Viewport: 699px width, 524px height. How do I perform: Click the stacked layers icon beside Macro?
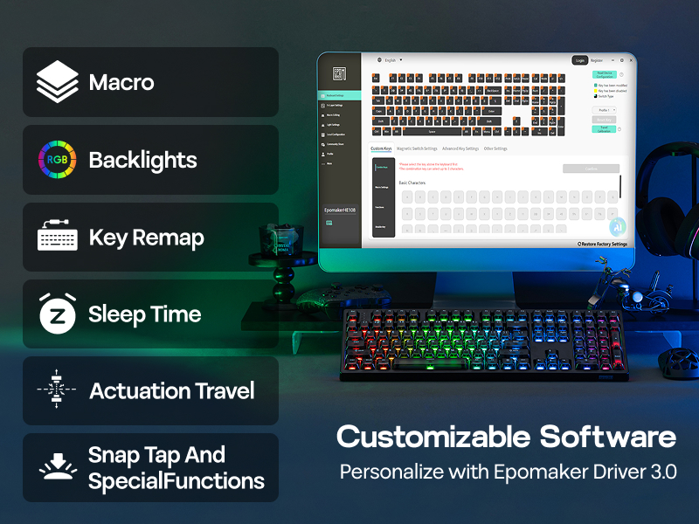pyautogui.click(x=58, y=83)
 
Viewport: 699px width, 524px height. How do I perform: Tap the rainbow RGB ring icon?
pyautogui.click(x=58, y=160)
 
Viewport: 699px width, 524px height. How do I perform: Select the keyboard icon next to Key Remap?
pyautogui.click(x=58, y=238)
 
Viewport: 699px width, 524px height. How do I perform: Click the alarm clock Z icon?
pyautogui.click(x=58, y=314)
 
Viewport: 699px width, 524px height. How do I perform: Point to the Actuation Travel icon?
pyautogui.click(x=58, y=390)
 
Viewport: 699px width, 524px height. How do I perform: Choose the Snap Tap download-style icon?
pyautogui.click(x=58, y=467)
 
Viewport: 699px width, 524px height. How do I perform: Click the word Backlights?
pyautogui.click(x=142, y=161)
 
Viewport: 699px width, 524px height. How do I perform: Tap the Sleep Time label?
pyautogui.click(x=144, y=314)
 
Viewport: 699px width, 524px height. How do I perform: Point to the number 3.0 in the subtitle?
pyautogui.click(x=661, y=472)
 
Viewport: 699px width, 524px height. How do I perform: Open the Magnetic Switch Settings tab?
pyautogui.click(x=417, y=148)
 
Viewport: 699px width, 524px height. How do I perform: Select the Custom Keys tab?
pyautogui.click(x=381, y=148)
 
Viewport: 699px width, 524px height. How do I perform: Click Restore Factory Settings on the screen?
pyautogui.click(x=602, y=244)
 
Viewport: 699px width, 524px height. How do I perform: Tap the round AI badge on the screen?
pyautogui.click(x=617, y=225)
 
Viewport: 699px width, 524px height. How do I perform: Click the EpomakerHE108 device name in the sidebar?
pyautogui.click(x=341, y=210)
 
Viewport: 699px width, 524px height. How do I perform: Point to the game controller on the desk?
pyautogui.click(x=317, y=294)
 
